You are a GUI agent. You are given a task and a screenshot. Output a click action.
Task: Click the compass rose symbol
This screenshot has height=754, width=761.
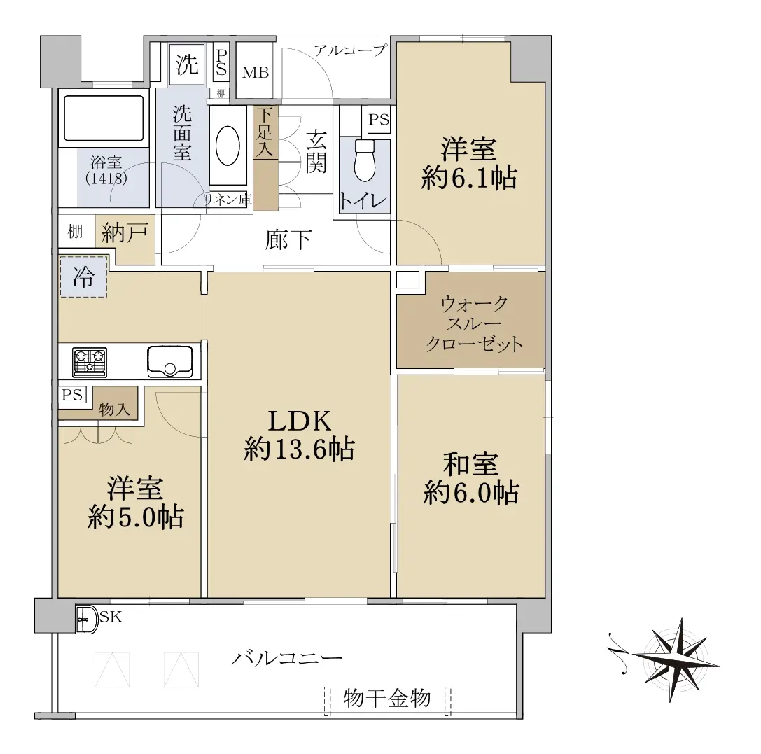670,660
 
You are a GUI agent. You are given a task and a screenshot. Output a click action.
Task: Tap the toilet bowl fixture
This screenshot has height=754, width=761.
365,160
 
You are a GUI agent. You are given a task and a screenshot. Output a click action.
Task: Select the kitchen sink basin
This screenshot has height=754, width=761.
170,361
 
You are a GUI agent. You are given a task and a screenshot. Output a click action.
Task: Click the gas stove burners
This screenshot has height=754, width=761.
90,362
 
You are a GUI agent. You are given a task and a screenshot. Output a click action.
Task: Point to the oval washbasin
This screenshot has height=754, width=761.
227,146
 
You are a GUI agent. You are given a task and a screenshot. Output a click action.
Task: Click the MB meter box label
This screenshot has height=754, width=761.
256,73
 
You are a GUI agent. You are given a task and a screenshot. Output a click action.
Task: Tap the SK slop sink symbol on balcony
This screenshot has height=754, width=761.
87,620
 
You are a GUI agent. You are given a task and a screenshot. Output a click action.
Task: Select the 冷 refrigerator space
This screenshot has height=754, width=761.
83,277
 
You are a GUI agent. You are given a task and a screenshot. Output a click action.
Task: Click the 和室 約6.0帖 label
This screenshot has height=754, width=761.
470,478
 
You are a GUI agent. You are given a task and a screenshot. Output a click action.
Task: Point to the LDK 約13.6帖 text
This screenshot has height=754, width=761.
300,435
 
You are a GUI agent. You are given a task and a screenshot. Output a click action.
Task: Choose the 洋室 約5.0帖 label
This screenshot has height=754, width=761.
135,503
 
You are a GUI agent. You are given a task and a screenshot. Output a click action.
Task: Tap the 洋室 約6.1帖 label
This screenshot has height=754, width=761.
469,163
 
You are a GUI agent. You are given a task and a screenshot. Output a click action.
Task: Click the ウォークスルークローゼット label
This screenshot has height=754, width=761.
474,324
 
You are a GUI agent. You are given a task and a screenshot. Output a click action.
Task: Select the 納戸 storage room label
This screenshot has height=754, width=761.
125,233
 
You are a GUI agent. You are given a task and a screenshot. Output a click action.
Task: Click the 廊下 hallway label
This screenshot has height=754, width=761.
288,239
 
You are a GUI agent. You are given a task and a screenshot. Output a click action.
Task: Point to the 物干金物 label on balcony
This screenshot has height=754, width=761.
387,699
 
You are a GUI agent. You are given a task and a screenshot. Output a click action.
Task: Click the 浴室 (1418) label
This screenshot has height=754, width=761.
106,170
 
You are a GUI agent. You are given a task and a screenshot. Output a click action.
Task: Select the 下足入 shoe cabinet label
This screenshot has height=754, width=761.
265,132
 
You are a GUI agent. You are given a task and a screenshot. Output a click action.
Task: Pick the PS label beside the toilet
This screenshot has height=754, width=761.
379,119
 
